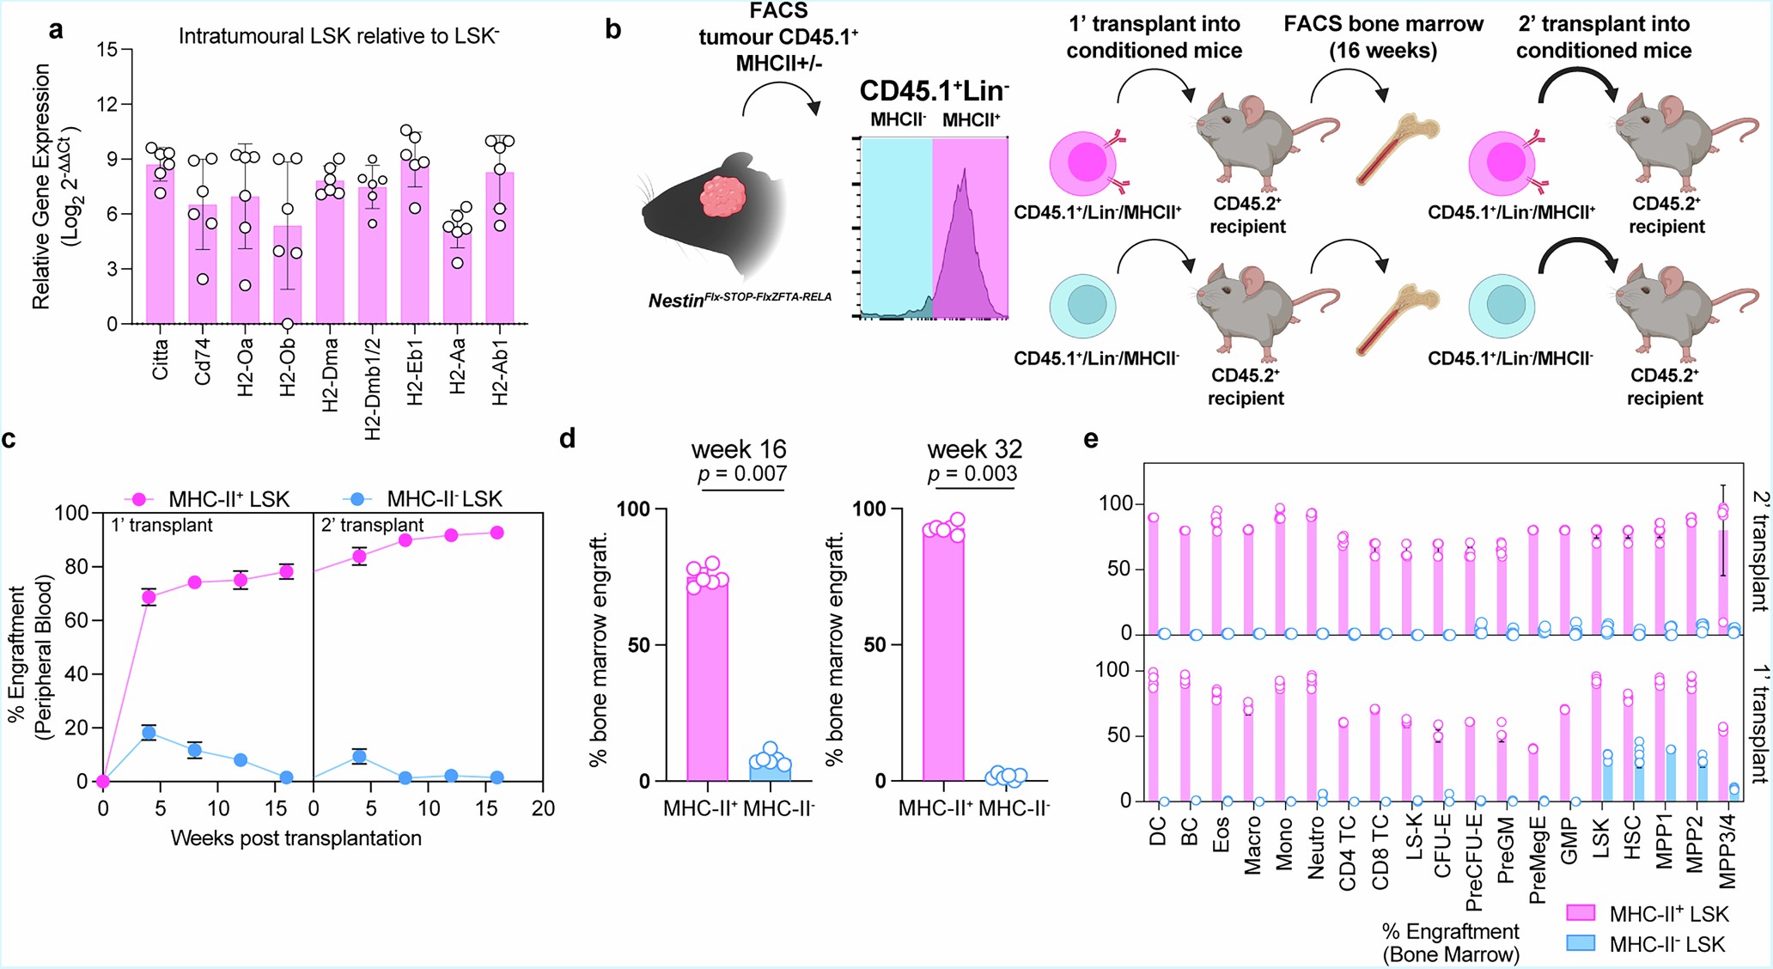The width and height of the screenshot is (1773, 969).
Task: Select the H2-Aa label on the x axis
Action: point(458,366)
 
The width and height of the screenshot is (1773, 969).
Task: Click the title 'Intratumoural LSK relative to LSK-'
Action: point(338,36)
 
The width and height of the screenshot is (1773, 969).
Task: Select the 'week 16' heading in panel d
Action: point(739,449)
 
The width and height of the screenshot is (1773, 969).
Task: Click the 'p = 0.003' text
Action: point(972,473)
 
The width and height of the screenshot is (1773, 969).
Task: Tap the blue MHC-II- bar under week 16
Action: point(770,769)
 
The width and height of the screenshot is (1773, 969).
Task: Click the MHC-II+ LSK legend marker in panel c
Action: point(140,499)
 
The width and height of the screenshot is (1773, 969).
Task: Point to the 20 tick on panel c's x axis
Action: point(543,808)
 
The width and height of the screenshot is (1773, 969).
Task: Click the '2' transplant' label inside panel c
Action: point(372,525)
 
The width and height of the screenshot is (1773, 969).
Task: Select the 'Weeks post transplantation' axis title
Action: point(296,838)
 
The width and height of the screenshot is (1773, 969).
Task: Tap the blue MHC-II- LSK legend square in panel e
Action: point(1581,943)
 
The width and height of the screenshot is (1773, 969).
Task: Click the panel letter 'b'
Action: point(612,29)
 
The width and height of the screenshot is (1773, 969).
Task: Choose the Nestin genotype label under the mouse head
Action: point(740,299)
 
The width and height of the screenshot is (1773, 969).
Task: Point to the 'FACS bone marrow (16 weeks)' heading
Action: point(1383,37)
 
